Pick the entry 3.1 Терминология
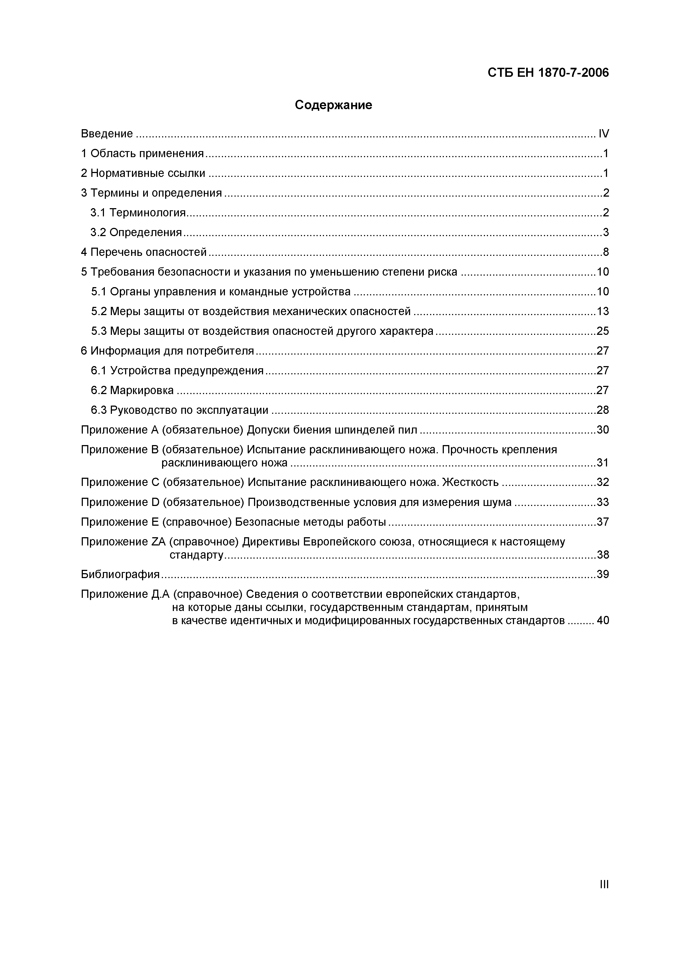pos(138,213)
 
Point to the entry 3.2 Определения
pos(136,233)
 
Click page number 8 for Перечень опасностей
pos(605,252)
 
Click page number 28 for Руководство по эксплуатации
pos(602,410)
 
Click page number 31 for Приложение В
pos(602,463)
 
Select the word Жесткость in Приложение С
pos(470,482)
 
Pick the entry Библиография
pos(120,575)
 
